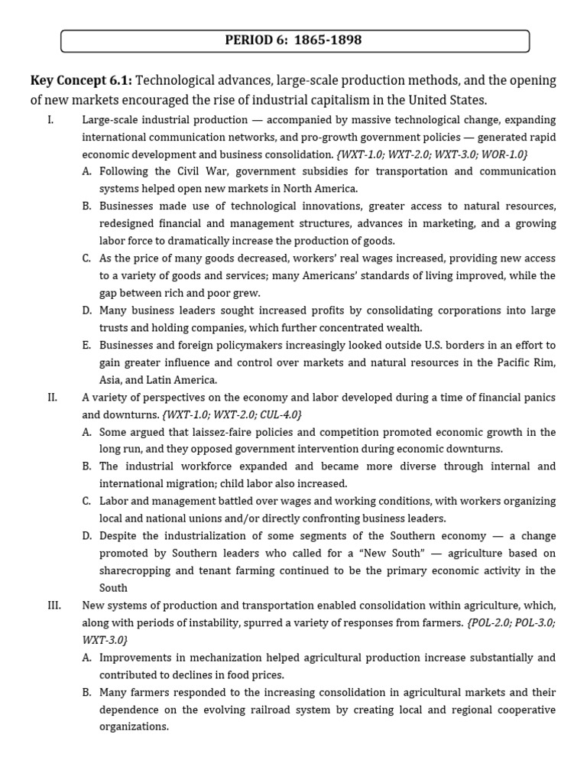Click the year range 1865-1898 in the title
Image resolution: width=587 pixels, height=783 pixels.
pos(326,41)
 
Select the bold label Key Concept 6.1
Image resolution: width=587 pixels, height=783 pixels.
pos(81,81)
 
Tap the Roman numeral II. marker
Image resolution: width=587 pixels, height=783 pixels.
pos(54,398)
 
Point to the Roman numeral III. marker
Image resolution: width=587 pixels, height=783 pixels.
pos(55,605)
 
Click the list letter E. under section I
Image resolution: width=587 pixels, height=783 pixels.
pos(87,345)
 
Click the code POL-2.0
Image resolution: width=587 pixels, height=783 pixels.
pos(491,622)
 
